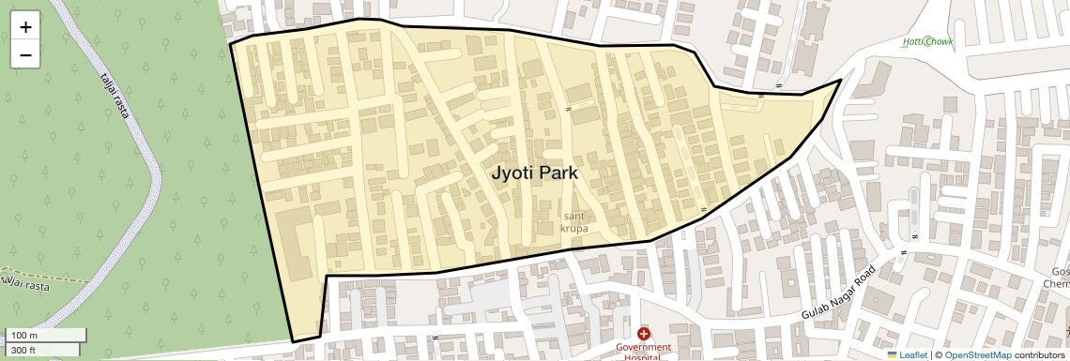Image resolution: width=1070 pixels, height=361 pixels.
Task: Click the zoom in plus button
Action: click(25, 27)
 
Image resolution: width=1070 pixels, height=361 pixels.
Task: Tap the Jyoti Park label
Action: click(534, 173)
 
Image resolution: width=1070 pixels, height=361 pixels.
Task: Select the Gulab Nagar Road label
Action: click(839, 289)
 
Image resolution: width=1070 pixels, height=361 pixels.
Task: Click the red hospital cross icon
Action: click(644, 334)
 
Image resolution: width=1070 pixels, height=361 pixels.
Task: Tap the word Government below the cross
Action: click(644, 348)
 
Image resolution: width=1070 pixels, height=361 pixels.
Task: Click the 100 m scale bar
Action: click(47, 335)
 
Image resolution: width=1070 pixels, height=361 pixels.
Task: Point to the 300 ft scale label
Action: click(23, 351)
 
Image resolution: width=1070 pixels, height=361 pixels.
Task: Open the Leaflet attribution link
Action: click(912, 354)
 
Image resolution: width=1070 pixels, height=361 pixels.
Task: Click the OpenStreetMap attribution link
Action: click(978, 354)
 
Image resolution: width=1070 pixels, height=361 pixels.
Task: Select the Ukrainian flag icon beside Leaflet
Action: click(893, 354)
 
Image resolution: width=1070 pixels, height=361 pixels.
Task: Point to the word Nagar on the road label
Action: click(841, 288)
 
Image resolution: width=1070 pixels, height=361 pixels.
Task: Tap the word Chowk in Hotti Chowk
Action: click(938, 41)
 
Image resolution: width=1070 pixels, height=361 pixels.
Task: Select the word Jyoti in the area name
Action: click(511, 173)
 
